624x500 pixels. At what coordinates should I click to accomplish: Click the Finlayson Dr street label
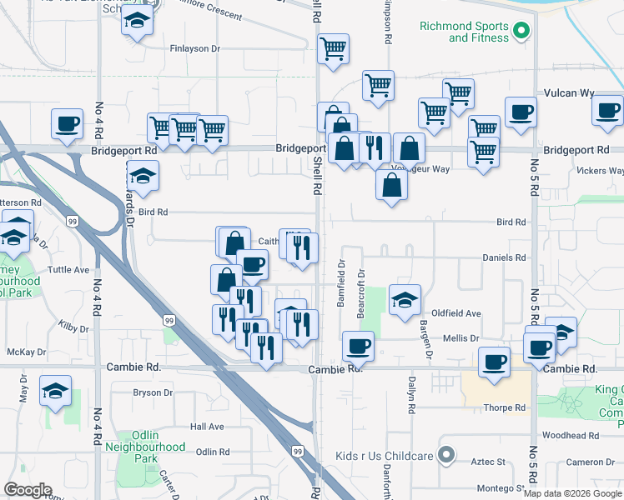click(194, 49)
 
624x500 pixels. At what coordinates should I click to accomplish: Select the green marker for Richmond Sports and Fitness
click(521, 32)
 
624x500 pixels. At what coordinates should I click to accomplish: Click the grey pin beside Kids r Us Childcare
click(446, 456)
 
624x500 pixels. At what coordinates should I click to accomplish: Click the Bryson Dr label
click(153, 392)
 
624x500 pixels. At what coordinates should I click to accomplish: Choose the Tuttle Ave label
click(69, 270)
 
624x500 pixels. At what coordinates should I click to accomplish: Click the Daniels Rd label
click(505, 257)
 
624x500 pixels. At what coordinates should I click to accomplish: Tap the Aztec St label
click(491, 461)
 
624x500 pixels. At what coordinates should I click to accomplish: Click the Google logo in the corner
click(28, 490)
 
